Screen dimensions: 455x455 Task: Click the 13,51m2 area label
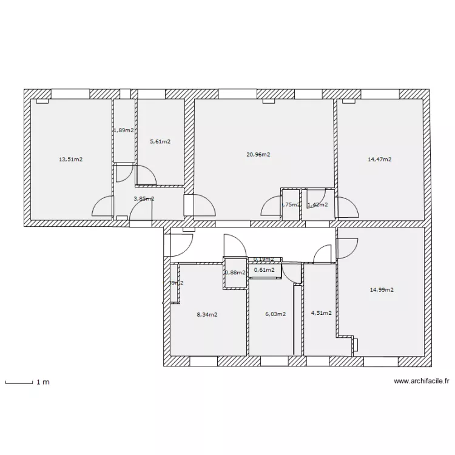[x=70, y=160]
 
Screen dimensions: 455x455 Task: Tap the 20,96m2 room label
[x=258, y=154]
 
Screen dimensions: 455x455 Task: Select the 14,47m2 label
[x=379, y=160]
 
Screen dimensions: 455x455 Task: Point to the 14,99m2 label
[x=382, y=289]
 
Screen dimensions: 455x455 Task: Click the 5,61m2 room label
[x=160, y=141]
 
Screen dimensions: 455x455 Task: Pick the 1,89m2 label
[x=123, y=130]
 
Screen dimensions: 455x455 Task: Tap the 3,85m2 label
[x=143, y=198]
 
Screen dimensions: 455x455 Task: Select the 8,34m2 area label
[x=207, y=314]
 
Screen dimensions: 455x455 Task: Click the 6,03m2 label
[x=275, y=314]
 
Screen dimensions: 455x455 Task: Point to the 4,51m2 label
[x=321, y=313]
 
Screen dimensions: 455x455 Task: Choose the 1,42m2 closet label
[x=317, y=204]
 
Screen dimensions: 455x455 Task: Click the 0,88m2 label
[x=235, y=272]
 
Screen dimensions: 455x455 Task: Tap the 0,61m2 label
[x=264, y=270]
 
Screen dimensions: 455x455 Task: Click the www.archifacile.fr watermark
[x=422, y=382]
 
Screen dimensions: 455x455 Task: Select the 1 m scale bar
[x=18, y=382]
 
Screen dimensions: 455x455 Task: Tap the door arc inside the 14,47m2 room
[x=347, y=208]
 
